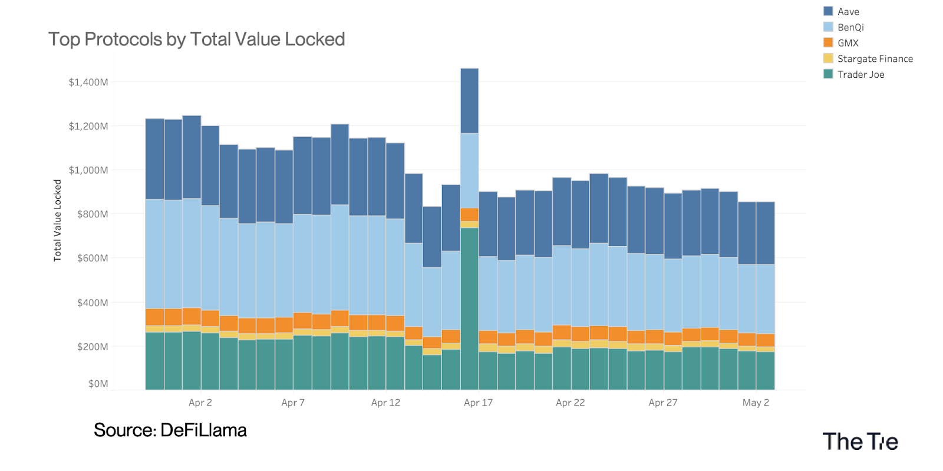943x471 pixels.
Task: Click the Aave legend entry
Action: [x=848, y=12]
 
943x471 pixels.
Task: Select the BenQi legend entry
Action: [x=850, y=28]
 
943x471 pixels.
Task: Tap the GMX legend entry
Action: [x=848, y=43]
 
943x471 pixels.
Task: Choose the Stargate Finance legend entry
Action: [x=875, y=59]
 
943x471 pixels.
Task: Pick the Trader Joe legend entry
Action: [x=860, y=75]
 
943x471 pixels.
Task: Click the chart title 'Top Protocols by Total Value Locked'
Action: [x=196, y=39]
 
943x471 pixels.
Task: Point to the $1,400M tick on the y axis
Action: [x=88, y=82]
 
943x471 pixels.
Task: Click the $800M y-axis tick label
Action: [x=93, y=214]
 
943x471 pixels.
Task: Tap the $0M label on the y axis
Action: [x=98, y=384]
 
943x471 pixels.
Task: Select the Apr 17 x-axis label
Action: [x=478, y=403]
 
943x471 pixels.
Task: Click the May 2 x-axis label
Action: [x=756, y=403]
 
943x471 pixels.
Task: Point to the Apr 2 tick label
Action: [x=200, y=403]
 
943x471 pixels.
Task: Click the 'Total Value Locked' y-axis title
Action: [x=58, y=221]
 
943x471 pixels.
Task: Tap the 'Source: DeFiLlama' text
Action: [x=170, y=430]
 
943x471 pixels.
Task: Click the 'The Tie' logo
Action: [x=860, y=442]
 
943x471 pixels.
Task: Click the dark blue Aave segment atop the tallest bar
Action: [x=469, y=101]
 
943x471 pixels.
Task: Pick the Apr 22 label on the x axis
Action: [x=571, y=403]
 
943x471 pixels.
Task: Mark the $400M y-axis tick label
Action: [x=93, y=303]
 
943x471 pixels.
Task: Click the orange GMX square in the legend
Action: [x=828, y=43]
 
